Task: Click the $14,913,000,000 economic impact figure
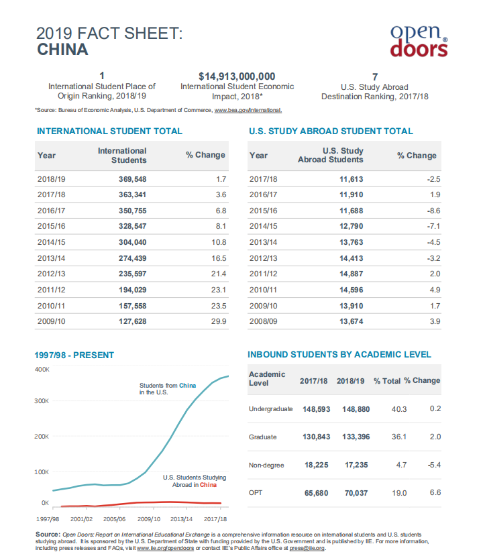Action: [237, 76]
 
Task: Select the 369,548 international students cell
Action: [131, 180]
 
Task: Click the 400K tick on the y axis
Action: [42, 370]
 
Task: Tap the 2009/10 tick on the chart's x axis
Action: [148, 519]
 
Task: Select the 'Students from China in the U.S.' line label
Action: [168, 388]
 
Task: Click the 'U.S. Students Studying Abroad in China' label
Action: [195, 481]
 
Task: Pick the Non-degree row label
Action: [266, 465]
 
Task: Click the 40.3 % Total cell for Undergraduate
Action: [399, 409]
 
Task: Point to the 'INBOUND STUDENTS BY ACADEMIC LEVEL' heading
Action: [339, 354]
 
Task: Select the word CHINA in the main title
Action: [62, 50]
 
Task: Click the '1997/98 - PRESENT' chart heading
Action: [76, 355]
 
